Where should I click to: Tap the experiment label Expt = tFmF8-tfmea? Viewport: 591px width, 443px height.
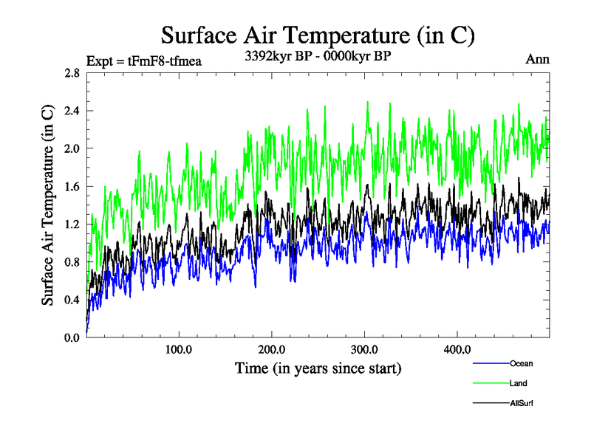click(144, 61)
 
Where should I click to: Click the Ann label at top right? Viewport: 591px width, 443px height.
click(537, 59)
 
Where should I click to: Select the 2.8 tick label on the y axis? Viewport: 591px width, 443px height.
click(72, 73)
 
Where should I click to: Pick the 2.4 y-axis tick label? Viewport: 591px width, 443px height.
click(72, 111)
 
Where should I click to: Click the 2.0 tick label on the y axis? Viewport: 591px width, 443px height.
click(72, 148)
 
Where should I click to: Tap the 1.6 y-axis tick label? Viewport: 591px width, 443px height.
click(72, 186)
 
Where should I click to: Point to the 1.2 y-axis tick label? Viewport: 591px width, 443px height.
click(72, 224)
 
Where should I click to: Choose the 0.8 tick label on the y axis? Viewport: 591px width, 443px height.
click(72, 261)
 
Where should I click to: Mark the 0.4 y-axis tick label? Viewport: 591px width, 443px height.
click(72, 299)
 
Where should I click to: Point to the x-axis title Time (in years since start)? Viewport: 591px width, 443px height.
click(318, 367)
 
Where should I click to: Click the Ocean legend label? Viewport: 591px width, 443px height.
click(521, 363)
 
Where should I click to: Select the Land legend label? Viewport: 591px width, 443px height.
click(519, 383)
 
